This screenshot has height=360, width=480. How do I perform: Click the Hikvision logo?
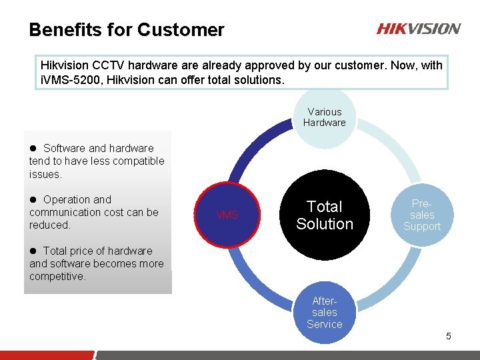click(418, 29)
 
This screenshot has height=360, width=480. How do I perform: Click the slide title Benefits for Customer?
click(127, 30)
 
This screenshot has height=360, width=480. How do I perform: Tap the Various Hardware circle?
click(324, 117)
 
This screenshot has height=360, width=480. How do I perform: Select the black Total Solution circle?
click(324, 215)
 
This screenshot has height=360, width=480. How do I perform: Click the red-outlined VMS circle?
click(227, 215)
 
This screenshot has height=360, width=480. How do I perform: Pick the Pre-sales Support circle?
click(421, 215)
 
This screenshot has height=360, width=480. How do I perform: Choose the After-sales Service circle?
click(324, 312)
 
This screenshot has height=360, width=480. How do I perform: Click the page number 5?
click(448, 336)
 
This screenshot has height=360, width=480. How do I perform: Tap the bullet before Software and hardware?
click(33, 149)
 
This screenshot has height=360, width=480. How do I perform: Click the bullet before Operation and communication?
click(33, 200)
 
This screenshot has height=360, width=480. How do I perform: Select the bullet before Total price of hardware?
click(33, 251)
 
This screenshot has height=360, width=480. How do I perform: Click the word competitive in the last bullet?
click(57, 276)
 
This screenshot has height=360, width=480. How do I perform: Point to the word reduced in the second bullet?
click(49, 225)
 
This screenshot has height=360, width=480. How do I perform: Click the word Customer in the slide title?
click(181, 30)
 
